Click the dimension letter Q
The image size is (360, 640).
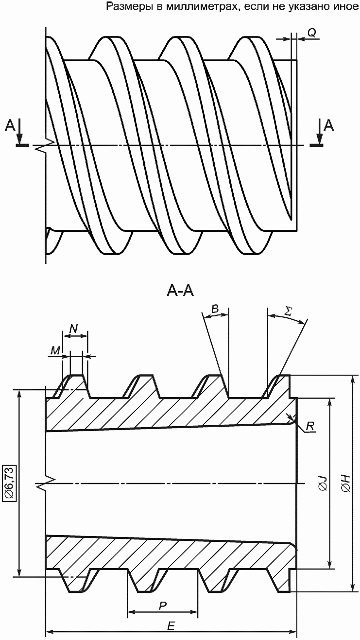312,33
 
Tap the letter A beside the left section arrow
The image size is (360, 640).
10,125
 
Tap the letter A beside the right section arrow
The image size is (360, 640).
329,125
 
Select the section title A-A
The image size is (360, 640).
180,292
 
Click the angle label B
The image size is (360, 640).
215,309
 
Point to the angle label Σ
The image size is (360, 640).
288,311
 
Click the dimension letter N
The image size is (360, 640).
74,329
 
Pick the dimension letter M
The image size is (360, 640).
55,351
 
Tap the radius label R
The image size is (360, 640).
310,426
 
